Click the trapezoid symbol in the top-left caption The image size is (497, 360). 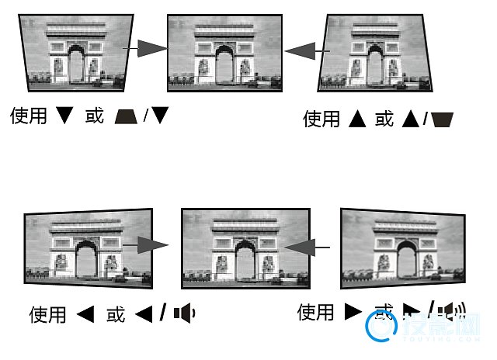[x=124, y=116]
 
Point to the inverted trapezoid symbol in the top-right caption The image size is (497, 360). [x=443, y=119]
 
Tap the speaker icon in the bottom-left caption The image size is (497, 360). [x=184, y=313]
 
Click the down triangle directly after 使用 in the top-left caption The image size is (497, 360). [x=65, y=116]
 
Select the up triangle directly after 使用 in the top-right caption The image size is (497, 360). [x=357, y=119]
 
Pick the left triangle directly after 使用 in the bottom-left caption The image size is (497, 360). [x=85, y=314]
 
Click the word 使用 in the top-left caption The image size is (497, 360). [x=28, y=116]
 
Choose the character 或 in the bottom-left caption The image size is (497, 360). [x=116, y=314]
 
